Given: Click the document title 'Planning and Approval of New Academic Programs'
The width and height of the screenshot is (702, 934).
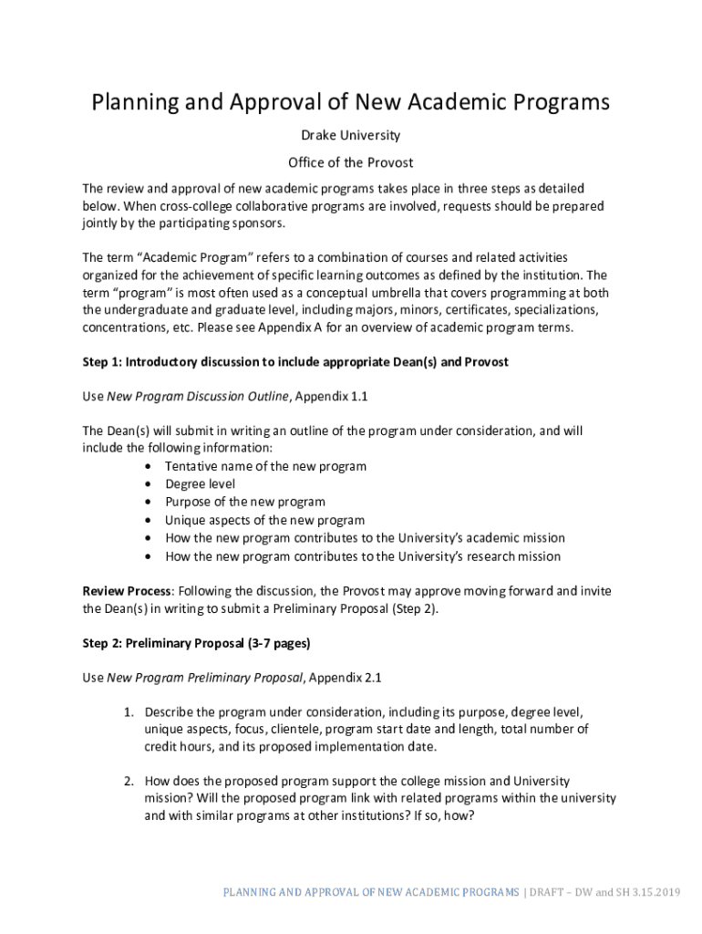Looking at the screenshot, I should (x=350, y=101).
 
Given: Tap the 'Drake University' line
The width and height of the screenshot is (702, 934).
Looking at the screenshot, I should (x=350, y=135).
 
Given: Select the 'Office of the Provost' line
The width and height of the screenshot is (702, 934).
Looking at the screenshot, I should (x=350, y=162).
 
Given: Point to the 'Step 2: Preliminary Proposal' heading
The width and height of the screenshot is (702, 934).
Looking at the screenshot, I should (x=196, y=643).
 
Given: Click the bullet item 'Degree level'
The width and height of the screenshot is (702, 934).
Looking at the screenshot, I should (x=200, y=484).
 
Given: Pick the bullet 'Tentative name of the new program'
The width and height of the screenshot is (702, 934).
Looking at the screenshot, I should (x=265, y=466).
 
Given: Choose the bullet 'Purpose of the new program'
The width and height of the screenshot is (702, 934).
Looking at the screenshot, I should (x=244, y=502).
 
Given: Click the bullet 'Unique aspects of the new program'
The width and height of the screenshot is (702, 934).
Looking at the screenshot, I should (x=264, y=520).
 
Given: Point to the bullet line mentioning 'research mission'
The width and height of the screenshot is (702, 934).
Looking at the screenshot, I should (x=362, y=555).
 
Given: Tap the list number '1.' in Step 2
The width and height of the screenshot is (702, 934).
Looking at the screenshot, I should (x=130, y=711).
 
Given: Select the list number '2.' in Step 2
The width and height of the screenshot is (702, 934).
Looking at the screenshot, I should (x=130, y=781).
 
